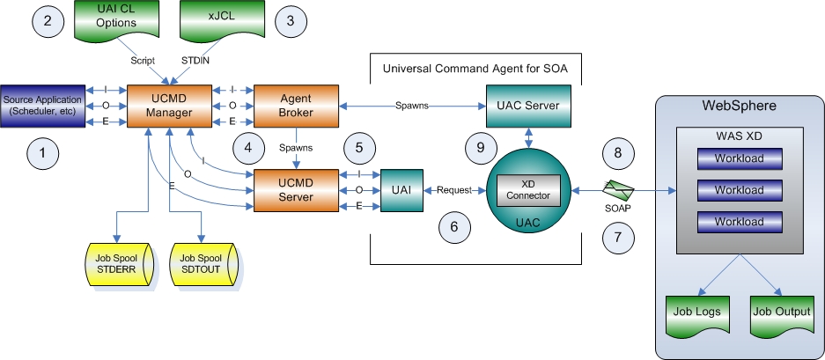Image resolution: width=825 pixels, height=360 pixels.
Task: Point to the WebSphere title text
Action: [739, 107]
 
